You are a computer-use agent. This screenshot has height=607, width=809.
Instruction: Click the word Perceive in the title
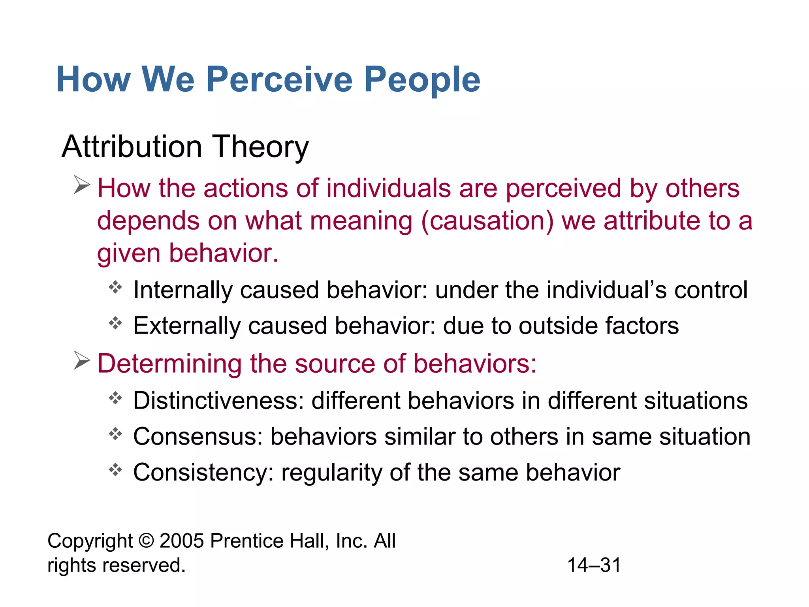click(279, 80)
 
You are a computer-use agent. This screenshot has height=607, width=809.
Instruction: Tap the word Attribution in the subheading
click(132, 147)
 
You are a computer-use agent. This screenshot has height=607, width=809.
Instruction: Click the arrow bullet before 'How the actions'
click(82, 185)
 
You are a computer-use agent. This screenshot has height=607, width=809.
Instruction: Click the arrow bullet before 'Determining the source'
click(82, 360)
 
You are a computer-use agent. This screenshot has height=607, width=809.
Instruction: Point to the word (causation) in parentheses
click(487, 221)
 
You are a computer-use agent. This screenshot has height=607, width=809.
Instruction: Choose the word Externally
click(186, 326)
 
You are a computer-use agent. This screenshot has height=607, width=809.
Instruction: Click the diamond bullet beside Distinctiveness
click(115, 398)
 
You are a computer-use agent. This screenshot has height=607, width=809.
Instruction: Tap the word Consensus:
click(198, 437)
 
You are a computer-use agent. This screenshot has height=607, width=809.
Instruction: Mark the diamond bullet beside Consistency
click(115, 469)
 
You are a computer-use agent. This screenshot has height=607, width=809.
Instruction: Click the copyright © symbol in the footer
click(146, 541)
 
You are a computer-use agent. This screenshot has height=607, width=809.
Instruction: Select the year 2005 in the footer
click(182, 541)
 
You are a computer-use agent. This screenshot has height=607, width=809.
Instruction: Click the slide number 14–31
click(594, 565)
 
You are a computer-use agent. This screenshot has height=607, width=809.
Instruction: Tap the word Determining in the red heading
click(169, 364)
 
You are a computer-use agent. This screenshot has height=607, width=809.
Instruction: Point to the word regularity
click(331, 473)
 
